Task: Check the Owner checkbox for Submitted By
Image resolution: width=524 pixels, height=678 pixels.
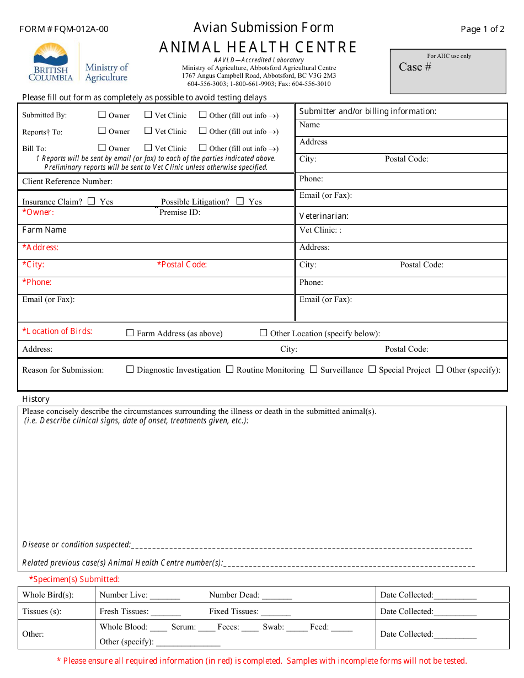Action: tap(102, 115)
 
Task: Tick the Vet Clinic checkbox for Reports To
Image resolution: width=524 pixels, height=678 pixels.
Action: tap(148, 131)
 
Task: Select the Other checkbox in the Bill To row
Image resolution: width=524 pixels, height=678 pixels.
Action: tap(203, 148)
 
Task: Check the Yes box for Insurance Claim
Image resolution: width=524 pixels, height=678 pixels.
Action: tap(92, 201)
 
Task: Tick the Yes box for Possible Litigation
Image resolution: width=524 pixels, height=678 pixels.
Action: tap(240, 201)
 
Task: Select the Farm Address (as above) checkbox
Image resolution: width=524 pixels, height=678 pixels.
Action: tap(130, 333)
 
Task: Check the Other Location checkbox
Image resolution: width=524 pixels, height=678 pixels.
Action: tap(264, 333)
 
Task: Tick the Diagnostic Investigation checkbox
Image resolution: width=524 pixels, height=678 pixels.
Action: tap(130, 369)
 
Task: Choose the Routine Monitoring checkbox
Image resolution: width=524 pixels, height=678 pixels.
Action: tap(230, 369)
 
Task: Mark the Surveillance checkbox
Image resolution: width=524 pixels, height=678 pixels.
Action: tap(314, 369)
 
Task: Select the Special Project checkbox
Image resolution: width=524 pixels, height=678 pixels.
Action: tap(372, 369)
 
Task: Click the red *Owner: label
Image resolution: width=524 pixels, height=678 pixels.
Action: tap(38, 212)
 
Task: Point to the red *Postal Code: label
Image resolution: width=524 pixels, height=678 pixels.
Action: tap(182, 265)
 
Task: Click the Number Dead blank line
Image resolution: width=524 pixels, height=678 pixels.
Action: tap(277, 596)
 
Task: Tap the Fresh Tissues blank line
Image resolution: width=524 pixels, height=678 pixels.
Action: tap(165, 612)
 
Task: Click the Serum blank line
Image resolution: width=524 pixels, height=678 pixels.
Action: tap(207, 628)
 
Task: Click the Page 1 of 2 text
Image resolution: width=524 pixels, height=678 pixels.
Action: tap(483, 29)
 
